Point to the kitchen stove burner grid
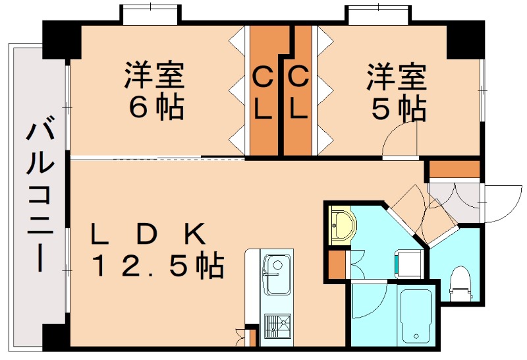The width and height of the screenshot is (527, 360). (x=277, y=326)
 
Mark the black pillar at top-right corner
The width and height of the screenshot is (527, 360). (x=465, y=40)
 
